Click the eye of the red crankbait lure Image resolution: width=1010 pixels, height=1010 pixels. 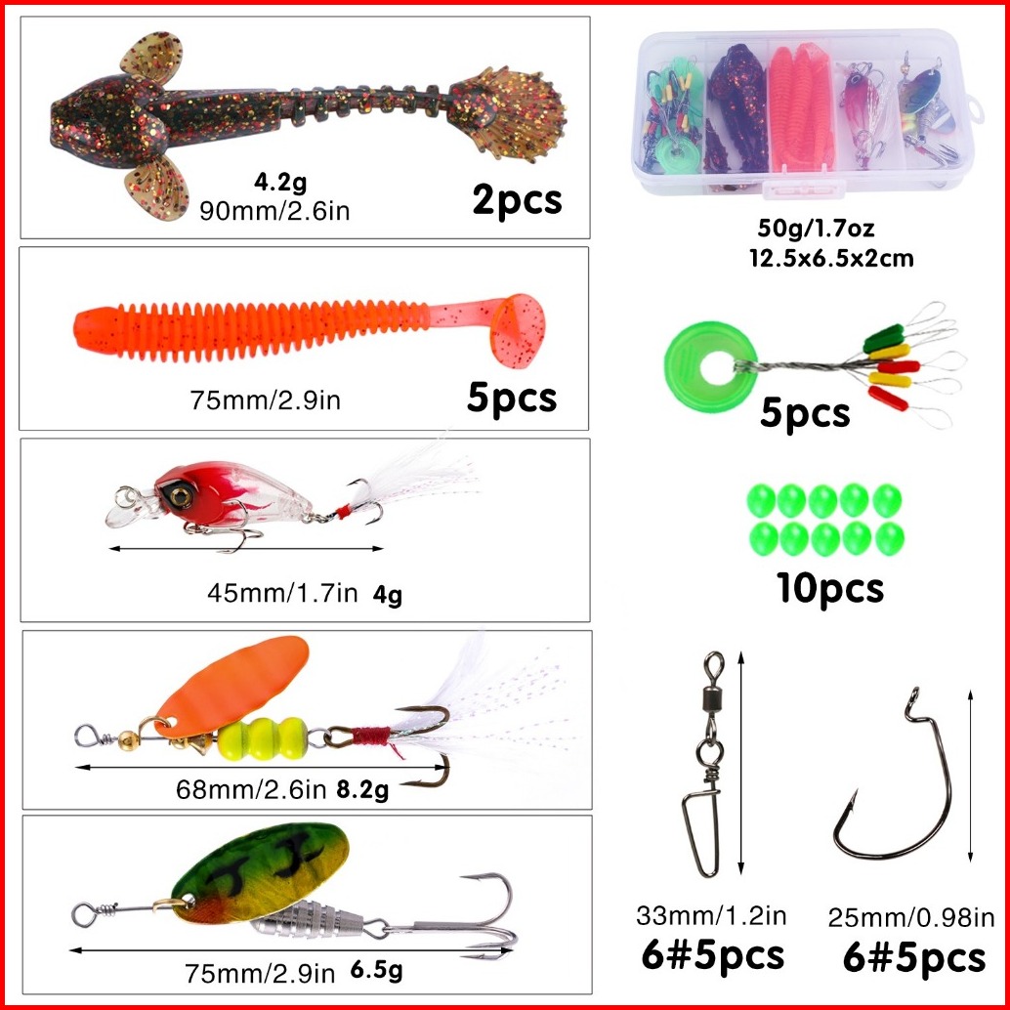[x=179, y=495]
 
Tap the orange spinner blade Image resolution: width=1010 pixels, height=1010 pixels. [x=231, y=685]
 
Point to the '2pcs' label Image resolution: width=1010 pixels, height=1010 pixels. [x=517, y=200]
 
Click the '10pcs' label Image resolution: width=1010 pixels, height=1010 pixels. [x=829, y=587]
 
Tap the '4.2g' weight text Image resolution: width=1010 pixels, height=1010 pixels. [x=280, y=183]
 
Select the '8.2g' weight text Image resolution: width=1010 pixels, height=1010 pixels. [x=362, y=789]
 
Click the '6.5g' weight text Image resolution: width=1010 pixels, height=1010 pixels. [x=377, y=969]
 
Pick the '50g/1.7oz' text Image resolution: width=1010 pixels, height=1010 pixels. [x=816, y=228]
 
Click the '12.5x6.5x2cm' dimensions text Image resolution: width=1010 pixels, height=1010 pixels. [x=831, y=258]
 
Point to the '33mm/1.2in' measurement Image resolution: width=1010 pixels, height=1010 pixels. [x=711, y=914]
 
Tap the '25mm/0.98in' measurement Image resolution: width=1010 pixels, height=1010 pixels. [x=910, y=917]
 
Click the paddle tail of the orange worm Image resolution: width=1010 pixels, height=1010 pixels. [x=518, y=329]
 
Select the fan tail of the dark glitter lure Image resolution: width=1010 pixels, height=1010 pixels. [x=509, y=113]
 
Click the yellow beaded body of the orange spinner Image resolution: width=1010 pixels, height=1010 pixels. [x=262, y=738]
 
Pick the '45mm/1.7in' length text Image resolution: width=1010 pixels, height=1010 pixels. [x=282, y=593]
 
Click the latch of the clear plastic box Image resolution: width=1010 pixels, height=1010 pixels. [x=803, y=189]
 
